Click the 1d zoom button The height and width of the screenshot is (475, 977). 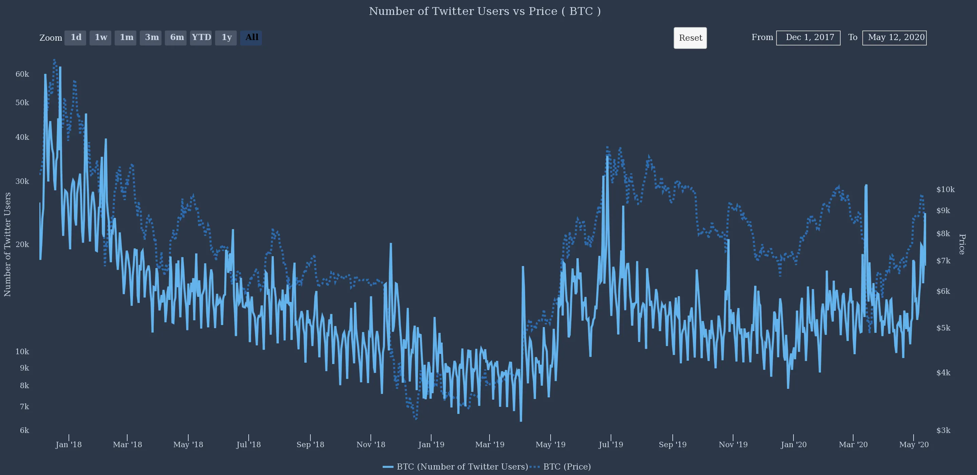75,38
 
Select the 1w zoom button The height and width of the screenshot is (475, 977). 100,38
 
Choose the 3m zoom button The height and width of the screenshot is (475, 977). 151,38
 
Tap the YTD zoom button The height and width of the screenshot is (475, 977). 201,38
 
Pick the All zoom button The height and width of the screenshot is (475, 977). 251,38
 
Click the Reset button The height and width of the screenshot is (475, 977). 690,38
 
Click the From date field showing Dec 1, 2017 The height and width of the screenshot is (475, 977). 808,38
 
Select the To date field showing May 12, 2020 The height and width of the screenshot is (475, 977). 894,38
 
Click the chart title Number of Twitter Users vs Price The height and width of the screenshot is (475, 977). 484,12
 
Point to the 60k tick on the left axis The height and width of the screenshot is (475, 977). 22,74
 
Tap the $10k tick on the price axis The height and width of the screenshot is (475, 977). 945,190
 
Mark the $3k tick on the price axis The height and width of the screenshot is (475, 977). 943,431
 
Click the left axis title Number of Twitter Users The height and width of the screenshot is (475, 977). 7,244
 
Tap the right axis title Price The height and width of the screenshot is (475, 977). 962,244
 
